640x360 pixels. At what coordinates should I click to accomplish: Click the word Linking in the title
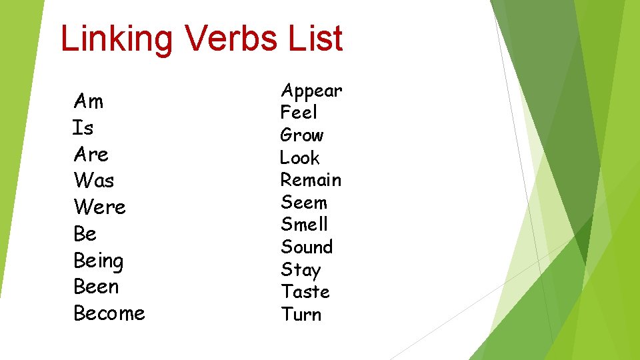pyautogui.click(x=117, y=39)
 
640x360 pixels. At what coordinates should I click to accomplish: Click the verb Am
pyautogui.click(x=89, y=101)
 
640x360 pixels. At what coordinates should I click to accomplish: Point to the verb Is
pyautogui.click(x=83, y=127)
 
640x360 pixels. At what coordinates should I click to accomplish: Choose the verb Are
pyautogui.click(x=91, y=155)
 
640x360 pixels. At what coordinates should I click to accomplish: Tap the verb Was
pyautogui.click(x=94, y=181)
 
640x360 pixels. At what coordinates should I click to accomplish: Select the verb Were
pyautogui.click(x=100, y=207)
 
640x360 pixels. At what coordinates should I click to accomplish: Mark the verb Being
pyautogui.click(x=99, y=261)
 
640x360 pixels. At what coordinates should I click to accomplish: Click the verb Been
pyautogui.click(x=96, y=287)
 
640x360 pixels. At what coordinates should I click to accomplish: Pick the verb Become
pyautogui.click(x=109, y=313)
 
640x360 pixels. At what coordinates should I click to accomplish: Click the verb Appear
pyautogui.click(x=311, y=91)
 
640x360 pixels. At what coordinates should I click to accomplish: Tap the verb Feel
pyautogui.click(x=299, y=113)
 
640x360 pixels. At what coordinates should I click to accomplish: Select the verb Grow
pyautogui.click(x=302, y=135)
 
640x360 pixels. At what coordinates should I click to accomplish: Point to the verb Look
pyautogui.click(x=300, y=158)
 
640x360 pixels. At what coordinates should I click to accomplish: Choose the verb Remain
pyautogui.click(x=311, y=180)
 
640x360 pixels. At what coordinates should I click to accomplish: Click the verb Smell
pyautogui.click(x=305, y=225)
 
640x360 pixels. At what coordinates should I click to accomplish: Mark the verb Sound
pyautogui.click(x=307, y=247)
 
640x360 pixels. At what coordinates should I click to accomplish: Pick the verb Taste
pyautogui.click(x=305, y=292)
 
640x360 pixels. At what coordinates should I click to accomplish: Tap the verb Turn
pyautogui.click(x=301, y=315)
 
